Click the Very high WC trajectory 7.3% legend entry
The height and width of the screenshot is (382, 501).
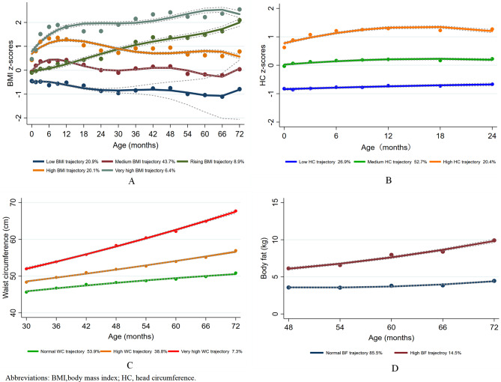[200, 350]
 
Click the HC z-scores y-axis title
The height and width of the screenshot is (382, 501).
[262, 68]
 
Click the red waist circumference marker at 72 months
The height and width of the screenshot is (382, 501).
[236, 211]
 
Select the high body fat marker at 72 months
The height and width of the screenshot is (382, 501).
[492, 240]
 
